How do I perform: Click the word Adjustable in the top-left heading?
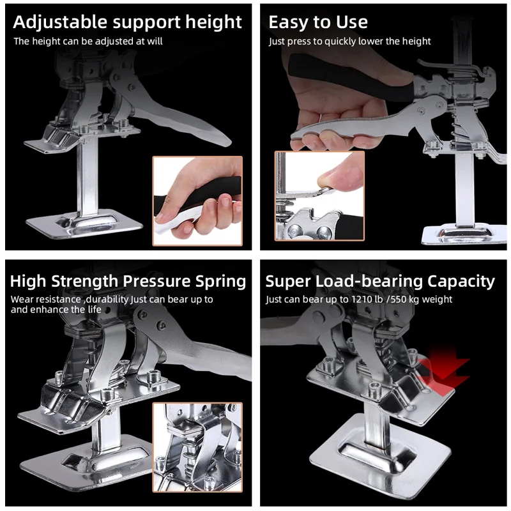(x=60, y=22)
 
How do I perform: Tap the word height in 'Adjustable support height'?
(x=213, y=22)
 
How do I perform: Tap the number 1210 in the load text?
(x=362, y=299)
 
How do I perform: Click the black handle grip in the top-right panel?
(x=350, y=79)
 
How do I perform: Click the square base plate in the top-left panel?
(x=84, y=224)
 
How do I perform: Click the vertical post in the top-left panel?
(x=87, y=178)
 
